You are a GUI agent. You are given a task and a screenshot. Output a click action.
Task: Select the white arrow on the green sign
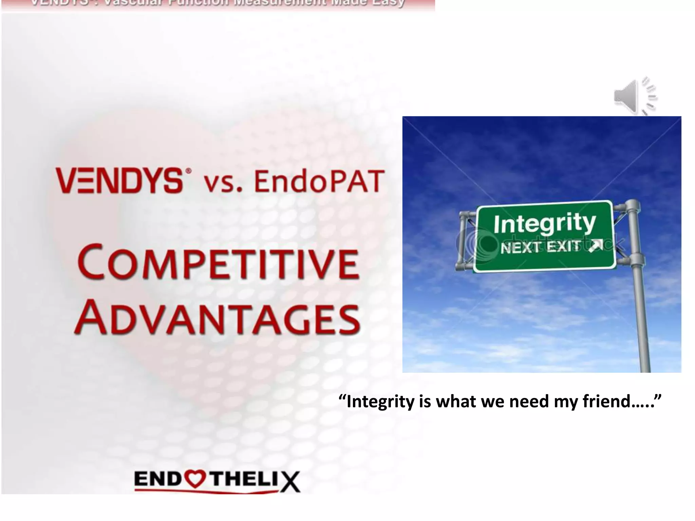596,246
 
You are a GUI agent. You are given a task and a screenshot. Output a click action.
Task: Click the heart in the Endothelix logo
194,479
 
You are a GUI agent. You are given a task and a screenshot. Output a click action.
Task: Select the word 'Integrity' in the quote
380,402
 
